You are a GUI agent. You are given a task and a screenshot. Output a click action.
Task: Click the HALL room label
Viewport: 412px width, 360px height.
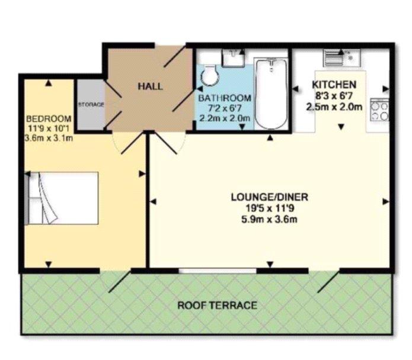(x=151, y=86)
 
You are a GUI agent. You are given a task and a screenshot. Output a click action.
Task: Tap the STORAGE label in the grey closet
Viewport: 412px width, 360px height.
(x=91, y=104)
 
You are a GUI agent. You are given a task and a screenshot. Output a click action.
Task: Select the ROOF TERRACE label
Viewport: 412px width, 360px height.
(x=218, y=306)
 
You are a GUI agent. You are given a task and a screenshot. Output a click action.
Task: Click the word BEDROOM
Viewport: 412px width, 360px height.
(x=49, y=118)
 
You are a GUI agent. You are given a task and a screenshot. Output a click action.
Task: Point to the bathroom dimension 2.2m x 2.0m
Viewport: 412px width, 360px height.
(x=225, y=118)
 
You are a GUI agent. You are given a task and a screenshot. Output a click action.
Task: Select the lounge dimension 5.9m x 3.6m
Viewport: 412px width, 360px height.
(x=269, y=219)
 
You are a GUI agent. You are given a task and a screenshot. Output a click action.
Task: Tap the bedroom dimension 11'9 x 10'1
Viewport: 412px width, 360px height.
(x=49, y=128)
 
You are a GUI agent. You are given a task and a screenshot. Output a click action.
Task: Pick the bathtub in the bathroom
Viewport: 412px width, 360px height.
(x=271, y=94)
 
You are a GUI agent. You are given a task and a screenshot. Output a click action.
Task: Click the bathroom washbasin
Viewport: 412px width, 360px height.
(x=233, y=58)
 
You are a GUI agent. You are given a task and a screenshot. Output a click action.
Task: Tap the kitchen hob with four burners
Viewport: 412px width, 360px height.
(x=379, y=110)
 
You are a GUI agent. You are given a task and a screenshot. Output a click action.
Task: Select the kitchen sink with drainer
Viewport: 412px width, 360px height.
(x=342, y=57)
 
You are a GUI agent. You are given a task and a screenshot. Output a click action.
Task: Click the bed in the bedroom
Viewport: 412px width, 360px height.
(x=62, y=198)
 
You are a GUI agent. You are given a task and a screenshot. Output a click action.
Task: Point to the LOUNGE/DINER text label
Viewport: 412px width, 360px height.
(x=269, y=197)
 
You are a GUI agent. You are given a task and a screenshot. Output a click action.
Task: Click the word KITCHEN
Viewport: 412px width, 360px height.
(x=334, y=85)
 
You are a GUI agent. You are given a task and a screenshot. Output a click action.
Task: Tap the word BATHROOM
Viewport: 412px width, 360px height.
(x=225, y=98)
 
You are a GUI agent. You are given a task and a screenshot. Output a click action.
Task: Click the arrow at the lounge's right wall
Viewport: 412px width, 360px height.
(x=386, y=201)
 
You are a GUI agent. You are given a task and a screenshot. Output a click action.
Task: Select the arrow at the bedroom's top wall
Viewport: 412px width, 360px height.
(x=49, y=83)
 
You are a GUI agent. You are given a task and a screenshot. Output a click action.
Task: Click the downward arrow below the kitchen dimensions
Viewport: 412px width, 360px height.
(x=341, y=127)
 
